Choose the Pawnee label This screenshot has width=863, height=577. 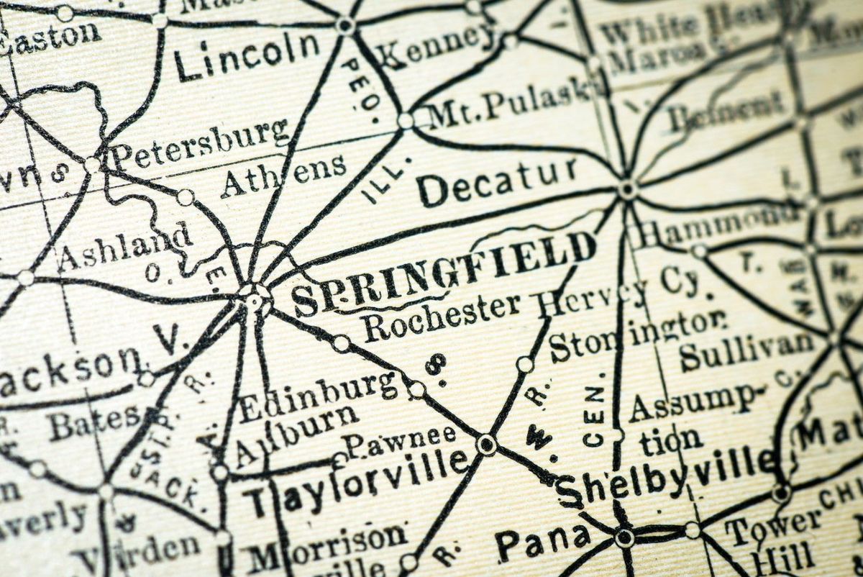point(400,439)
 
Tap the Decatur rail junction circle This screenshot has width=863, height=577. point(627,189)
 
